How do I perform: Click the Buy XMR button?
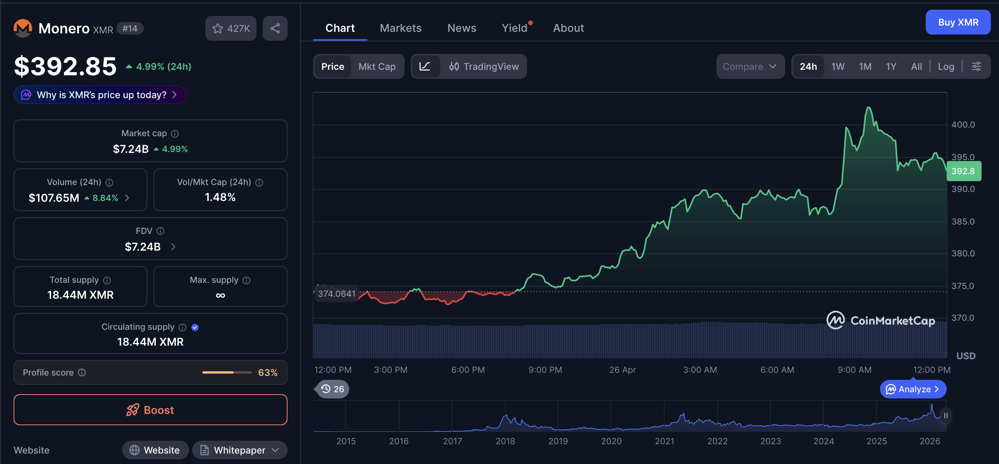[x=958, y=22]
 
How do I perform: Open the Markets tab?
[x=400, y=28]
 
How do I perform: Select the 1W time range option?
[x=838, y=66]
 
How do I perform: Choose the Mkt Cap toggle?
[x=377, y=66]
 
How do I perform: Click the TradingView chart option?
[x=484, y=66]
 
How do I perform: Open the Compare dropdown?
[x=750, y=66]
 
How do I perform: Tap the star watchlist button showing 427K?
[x=231, y=28]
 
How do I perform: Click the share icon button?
[x=275, y=28]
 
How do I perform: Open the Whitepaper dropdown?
[x=239, y=450]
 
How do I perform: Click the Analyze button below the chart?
[x=913, y=389]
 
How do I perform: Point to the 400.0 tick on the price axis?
[x=963, y=125]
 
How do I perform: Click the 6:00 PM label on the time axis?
[x=468, y=370]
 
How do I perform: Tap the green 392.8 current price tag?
[x=964, y=171]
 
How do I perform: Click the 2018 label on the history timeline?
[x=505, y=441]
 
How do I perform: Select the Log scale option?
[x=946, y=66]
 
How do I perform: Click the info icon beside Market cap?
[x=175, y=133]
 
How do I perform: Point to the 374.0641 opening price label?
[x=337, y=294]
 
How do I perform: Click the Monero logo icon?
[x=23, y=28]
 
